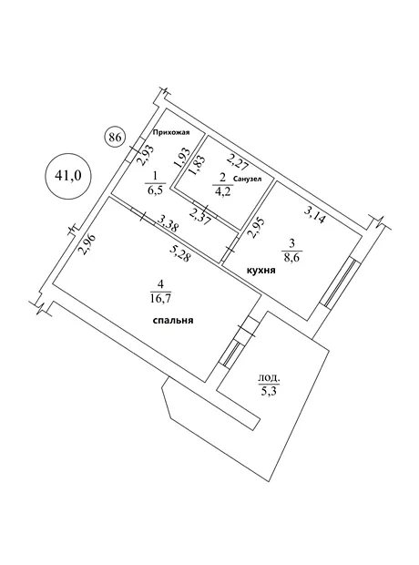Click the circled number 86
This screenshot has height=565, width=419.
(115, 138)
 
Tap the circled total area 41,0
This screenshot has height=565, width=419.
(68, 176)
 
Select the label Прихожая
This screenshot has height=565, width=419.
(170, 133)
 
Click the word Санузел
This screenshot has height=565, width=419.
(248, 179)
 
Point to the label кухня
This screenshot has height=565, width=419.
(261, 271)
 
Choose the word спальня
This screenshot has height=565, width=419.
(173, 320)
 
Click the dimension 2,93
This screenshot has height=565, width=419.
(146, 155)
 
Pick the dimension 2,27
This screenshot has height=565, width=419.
(237, 161)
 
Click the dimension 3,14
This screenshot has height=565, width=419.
(315, 216)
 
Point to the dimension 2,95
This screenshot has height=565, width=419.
(258, 228)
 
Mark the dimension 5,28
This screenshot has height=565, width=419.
(180, 253)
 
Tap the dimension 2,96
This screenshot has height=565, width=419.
(88, 245)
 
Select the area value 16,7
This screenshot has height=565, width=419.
(160, 298)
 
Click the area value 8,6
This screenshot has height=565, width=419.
(291, 257)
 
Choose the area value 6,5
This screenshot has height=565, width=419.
(155, 190)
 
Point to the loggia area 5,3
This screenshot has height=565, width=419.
(269, 390)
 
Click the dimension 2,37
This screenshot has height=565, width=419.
(200, 216)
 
